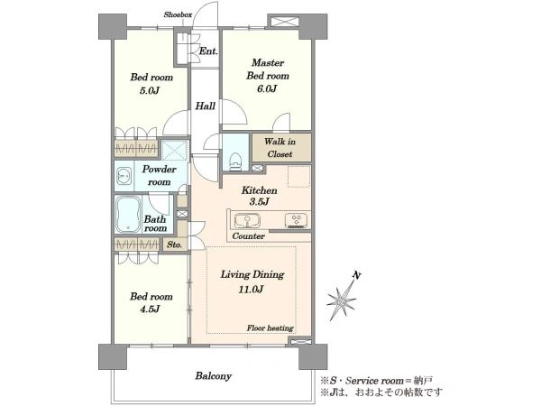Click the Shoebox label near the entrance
coord(178,14)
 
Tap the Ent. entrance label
coord(208,51)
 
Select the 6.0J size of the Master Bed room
coord(267,88)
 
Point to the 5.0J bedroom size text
coord(150,91)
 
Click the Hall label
coord(206,106)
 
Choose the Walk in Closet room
coord(281,147)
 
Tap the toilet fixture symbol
coord(235,161)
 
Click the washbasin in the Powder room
coord(124,176)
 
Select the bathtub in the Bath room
coord(128,215)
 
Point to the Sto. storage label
coord(175,245)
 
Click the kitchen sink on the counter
coord(247,221)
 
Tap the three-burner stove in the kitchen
coord(296,221)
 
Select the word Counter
coord(249,236)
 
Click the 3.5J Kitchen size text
coord(259,202)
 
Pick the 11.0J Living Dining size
coord(252,289)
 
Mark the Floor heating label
coord(270,328)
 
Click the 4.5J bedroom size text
coord(150,309)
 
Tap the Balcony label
coord(213,375)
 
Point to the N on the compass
coord(357,275)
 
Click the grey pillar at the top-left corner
coord(113,26)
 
